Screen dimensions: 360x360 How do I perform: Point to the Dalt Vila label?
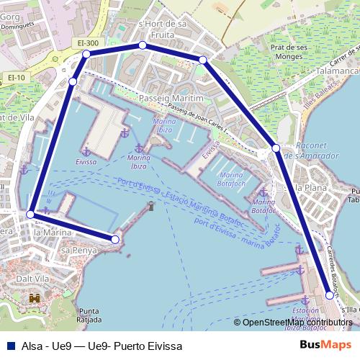click(29, 278)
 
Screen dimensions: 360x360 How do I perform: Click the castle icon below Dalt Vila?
click(34, 297)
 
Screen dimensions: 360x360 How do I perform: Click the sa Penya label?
click(74, 250)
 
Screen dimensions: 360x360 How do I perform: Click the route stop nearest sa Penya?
click(114, 238)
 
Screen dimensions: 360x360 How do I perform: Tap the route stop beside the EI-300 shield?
click(86, 54)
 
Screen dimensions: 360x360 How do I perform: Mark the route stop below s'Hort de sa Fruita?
click(143, 45)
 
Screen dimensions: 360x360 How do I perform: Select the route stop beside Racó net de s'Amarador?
click(276, 148)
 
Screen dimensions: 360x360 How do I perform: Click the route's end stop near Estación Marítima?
click(330, 294)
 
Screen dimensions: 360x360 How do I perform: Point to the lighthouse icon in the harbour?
click(150, 207)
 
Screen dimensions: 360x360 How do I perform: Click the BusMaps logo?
click(325, 345)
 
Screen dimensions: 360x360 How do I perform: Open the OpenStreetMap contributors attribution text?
click(297, 322)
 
